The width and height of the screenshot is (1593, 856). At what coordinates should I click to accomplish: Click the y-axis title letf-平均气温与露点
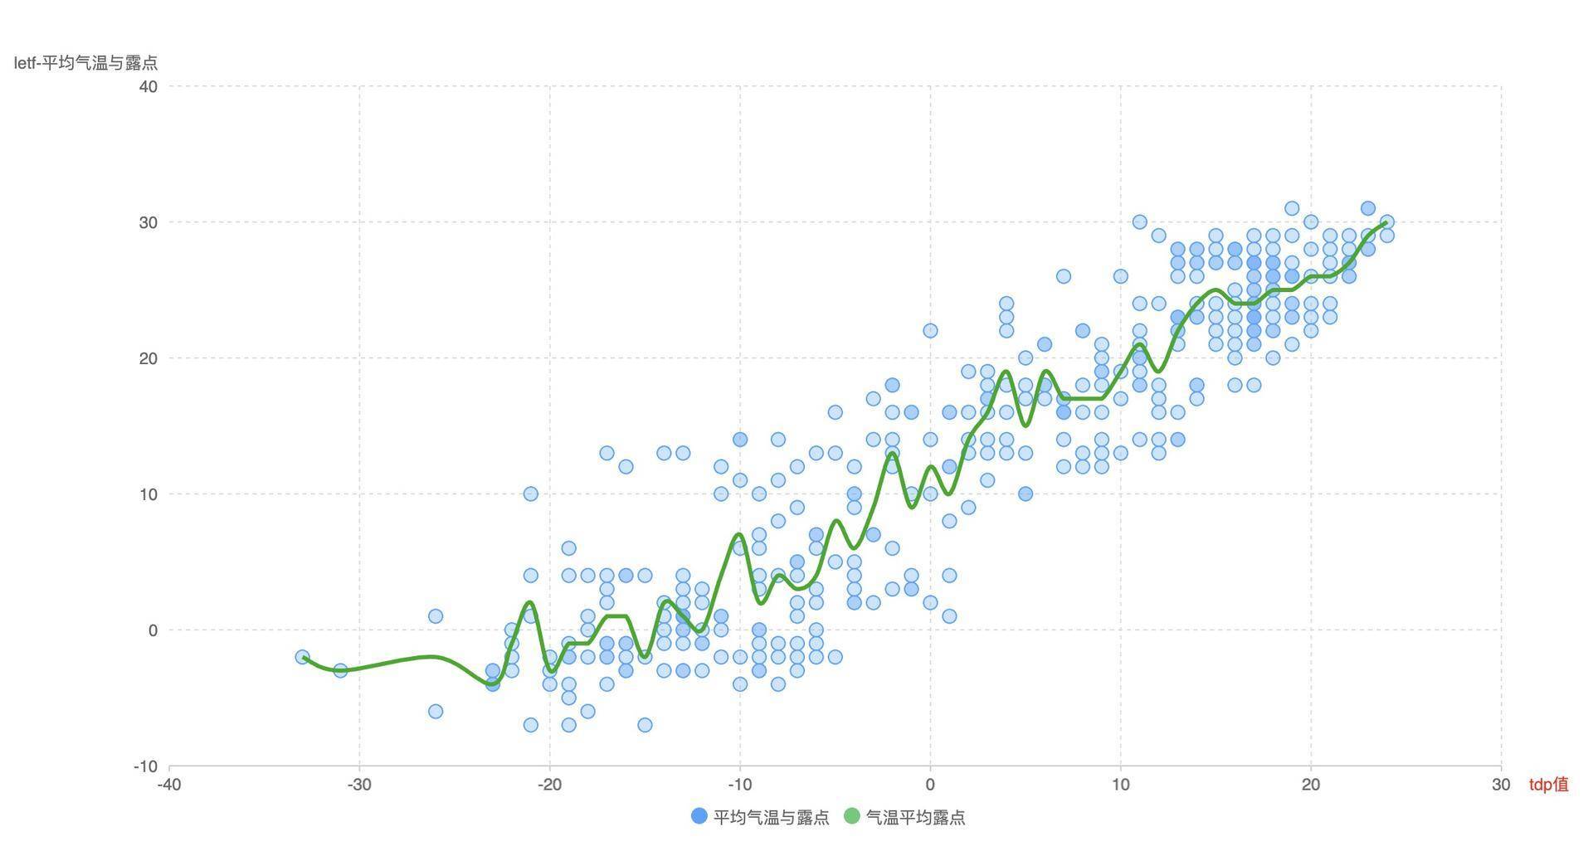pos(85,63)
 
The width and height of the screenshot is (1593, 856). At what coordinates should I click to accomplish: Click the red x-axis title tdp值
pos(1548,785)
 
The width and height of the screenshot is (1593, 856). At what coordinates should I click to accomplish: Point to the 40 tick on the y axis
pos(149,86)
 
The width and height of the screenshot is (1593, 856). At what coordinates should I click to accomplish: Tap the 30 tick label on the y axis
pos(149,222)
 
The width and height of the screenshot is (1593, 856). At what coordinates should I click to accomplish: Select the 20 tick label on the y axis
pos(149,358)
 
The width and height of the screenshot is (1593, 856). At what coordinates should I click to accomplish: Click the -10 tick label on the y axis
pos(145,766)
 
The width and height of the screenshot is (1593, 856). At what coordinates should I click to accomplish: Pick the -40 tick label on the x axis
pos(169,785)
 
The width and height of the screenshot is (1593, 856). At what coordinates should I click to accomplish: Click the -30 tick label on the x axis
pos(359,785)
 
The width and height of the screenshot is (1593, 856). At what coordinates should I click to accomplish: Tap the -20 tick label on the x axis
pos(549,785)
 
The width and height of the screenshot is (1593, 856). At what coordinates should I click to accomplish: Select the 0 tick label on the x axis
pos(930,785)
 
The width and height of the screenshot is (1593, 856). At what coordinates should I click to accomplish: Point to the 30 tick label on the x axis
pos(1501,785)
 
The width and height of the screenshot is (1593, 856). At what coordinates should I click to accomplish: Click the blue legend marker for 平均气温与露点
pos(699,817)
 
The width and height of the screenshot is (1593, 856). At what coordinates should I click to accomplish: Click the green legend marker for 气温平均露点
pos(852,817)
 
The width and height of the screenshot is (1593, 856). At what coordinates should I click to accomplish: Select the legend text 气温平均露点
pos(915,817)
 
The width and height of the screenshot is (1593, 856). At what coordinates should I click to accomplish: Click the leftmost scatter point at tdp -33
pos(302,657)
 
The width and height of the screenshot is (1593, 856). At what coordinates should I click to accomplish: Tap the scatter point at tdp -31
pos(340,670)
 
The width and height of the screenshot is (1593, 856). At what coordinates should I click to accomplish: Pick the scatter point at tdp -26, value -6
pos(436,712)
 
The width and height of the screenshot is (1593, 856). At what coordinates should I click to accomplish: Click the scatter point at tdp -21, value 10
pos(530,494)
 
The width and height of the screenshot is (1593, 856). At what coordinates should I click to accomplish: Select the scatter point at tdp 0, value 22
pos(930,331)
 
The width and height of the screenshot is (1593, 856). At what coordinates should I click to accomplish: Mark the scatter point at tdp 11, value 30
pos(1139,222)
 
